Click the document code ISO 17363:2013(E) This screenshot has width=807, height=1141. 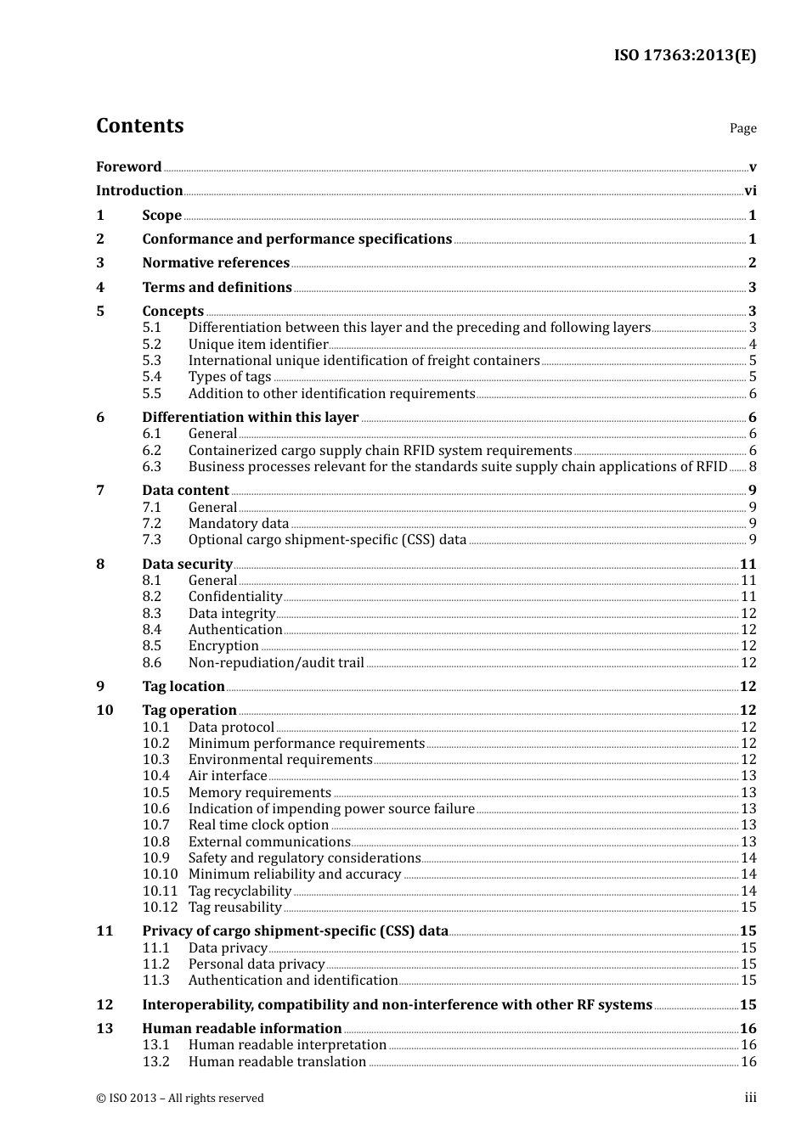point(685,55)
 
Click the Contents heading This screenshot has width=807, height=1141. point(139,126)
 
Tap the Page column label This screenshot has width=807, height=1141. point(742,128)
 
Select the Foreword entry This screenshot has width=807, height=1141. point(128,167)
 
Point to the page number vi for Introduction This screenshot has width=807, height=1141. point(750,191)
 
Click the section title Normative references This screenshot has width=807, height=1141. point(216,263)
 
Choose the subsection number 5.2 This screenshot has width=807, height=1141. point(151,345)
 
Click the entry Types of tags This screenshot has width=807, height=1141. point(229,377)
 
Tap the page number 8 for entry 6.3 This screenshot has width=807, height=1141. point(753,467)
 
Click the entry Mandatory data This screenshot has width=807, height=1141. point(239,524)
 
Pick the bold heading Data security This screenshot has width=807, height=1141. point(187,565)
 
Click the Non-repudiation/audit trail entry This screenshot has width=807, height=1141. point(276,663)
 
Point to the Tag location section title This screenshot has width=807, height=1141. point(183,687)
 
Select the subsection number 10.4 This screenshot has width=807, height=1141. point(155,776)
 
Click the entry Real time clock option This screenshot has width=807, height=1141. point(258,825)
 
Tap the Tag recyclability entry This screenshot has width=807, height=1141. point(240,891)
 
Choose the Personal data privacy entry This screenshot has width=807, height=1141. point(257,964)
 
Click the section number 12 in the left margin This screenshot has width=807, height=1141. point(104,1005)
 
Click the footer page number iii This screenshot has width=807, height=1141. point(750,1098)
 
